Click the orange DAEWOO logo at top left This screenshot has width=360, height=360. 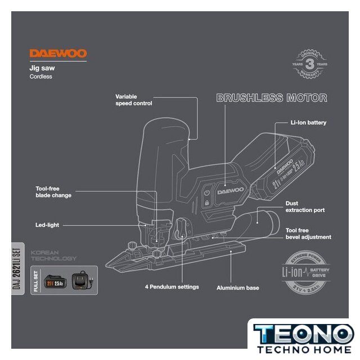click(x=58, y=54)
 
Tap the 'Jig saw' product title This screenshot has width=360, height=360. click(x=42, y=68)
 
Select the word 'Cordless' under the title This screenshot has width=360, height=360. click(x=40, y=76)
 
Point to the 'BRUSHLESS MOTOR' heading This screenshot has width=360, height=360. click(x=272, y=98)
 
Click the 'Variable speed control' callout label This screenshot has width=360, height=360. click(x=134, y=100)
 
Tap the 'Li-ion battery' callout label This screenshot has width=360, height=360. click(x=308, y=122)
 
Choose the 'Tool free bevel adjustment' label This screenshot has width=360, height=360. click(x=308, y=234)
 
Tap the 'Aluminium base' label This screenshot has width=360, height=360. click(x=238, y=288)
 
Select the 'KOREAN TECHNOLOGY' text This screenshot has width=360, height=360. click(x=53, y=255)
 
